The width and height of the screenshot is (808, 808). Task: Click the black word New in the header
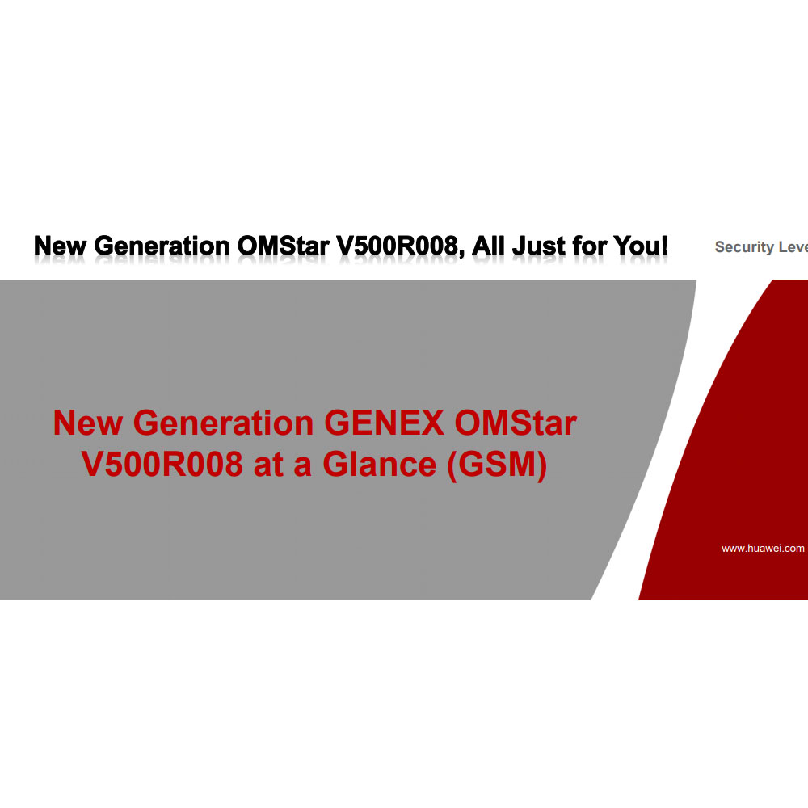[60, 246]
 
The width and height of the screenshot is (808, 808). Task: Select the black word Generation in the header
[162, 246]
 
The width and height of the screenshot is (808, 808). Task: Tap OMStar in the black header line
[283, 246]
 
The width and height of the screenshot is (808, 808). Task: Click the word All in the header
[488, 246]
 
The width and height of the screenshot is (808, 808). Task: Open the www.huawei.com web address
[763, 549]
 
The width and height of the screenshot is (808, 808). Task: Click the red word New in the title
[87, 423]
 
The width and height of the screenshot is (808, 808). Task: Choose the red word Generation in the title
[223, 423]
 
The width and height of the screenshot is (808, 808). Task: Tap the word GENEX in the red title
[384, 423]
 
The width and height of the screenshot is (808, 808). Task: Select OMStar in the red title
[516, 423]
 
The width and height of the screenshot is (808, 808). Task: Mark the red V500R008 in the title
[162, 464]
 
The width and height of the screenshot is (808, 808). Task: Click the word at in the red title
[268, 465]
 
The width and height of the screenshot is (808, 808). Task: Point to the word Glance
[379, 464]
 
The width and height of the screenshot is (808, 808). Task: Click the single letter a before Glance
[302, 468]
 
